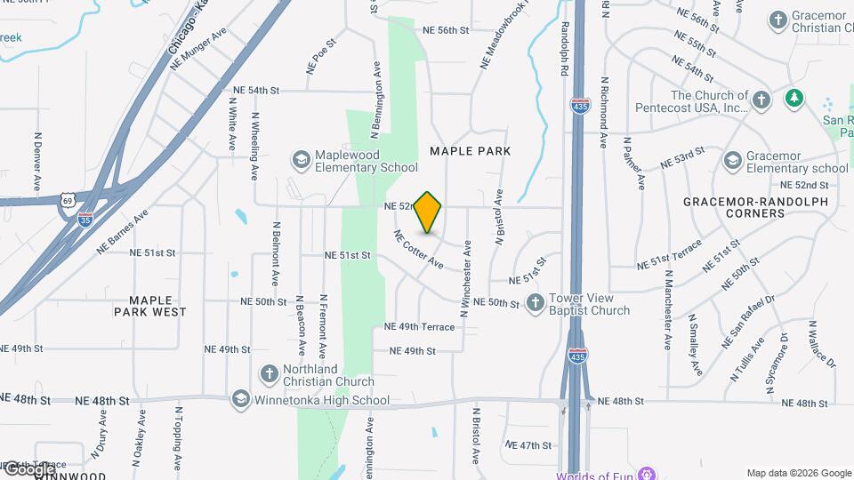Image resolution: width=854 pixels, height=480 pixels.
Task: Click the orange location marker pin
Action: coord(428,212)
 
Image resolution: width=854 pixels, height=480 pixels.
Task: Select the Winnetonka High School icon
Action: coord(239,400)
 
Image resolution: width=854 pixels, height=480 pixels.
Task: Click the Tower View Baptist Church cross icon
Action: coord(535,303)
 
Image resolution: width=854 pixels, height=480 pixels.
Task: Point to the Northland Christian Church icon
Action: coord(268,375)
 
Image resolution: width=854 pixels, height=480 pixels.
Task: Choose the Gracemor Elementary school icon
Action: coord(732,160)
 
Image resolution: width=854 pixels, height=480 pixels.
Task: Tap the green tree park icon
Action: coord(794,98)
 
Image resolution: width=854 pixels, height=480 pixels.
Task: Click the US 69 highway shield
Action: coord(68,201)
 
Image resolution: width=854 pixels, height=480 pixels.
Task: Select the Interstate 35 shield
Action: coord(85,218)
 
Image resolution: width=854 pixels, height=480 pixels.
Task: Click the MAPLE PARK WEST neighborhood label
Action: coord(150,306)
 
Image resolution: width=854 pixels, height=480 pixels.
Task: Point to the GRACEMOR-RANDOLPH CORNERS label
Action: coord(755,208)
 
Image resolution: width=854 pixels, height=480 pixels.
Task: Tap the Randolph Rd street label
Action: coord(565,50)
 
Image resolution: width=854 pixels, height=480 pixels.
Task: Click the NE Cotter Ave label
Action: coord(418,249)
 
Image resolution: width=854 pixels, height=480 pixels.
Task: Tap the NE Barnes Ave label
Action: coord(123,232)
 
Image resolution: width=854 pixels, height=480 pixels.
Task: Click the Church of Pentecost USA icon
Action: coord(761,100)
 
